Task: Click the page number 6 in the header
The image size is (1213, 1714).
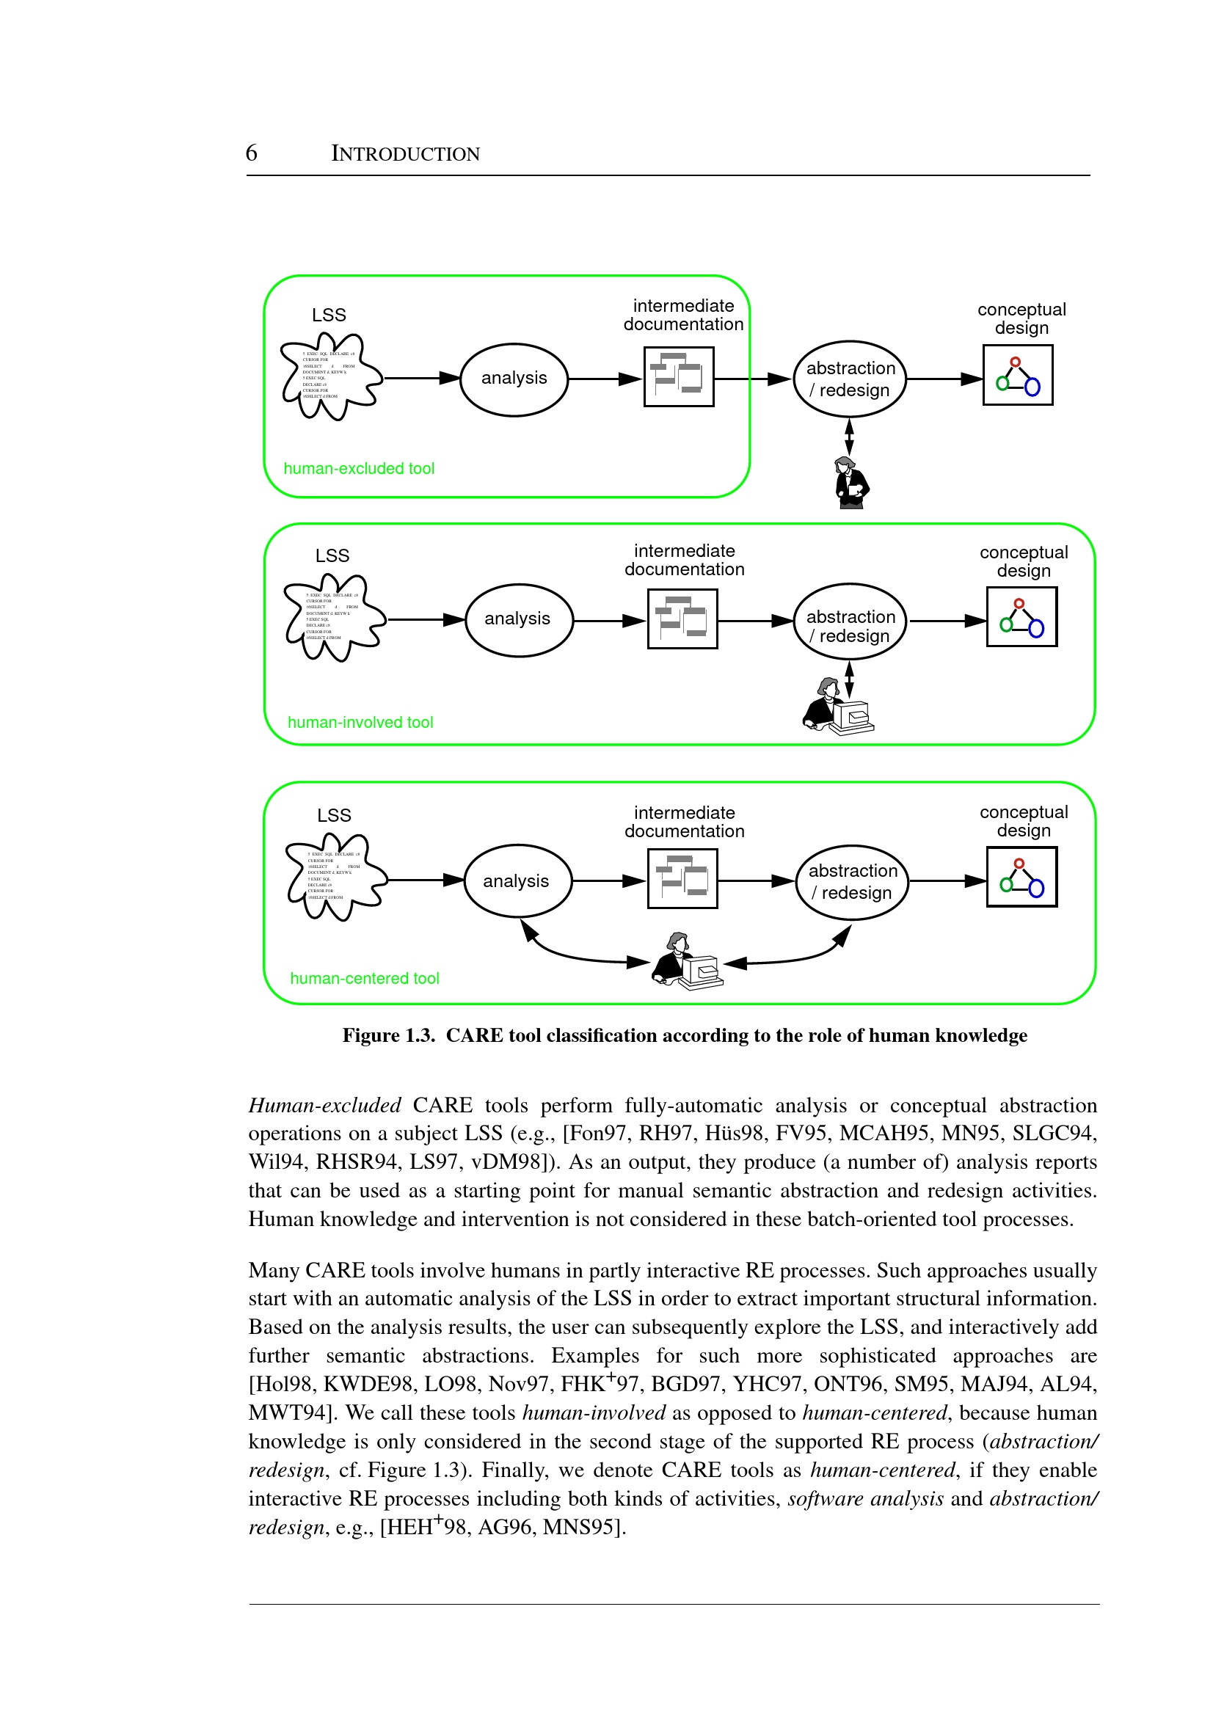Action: [252, 153]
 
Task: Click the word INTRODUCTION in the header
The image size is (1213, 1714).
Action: [406, 154]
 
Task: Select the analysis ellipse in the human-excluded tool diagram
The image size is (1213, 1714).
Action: [514, 379]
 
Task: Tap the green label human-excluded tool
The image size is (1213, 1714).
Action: [359, 469]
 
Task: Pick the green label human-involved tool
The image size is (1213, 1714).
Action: [360, 723]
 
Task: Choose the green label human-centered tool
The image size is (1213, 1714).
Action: [365, 979]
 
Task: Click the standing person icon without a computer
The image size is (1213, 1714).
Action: [850, 484]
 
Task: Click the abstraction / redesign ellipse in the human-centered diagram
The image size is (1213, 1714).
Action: [852, 882]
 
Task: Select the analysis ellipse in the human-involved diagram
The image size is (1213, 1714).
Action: [518, 620]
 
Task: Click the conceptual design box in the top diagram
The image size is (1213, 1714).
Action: [1017, 376]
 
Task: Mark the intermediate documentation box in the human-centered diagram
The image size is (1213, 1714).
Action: [682, 879]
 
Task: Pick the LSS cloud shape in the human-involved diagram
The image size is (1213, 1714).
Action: [332, 618]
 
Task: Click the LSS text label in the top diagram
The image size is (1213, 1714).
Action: [329, 316]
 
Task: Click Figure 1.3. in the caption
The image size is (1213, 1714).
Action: [388, 1036]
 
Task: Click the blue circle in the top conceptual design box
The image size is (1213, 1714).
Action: [1032, 387]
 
